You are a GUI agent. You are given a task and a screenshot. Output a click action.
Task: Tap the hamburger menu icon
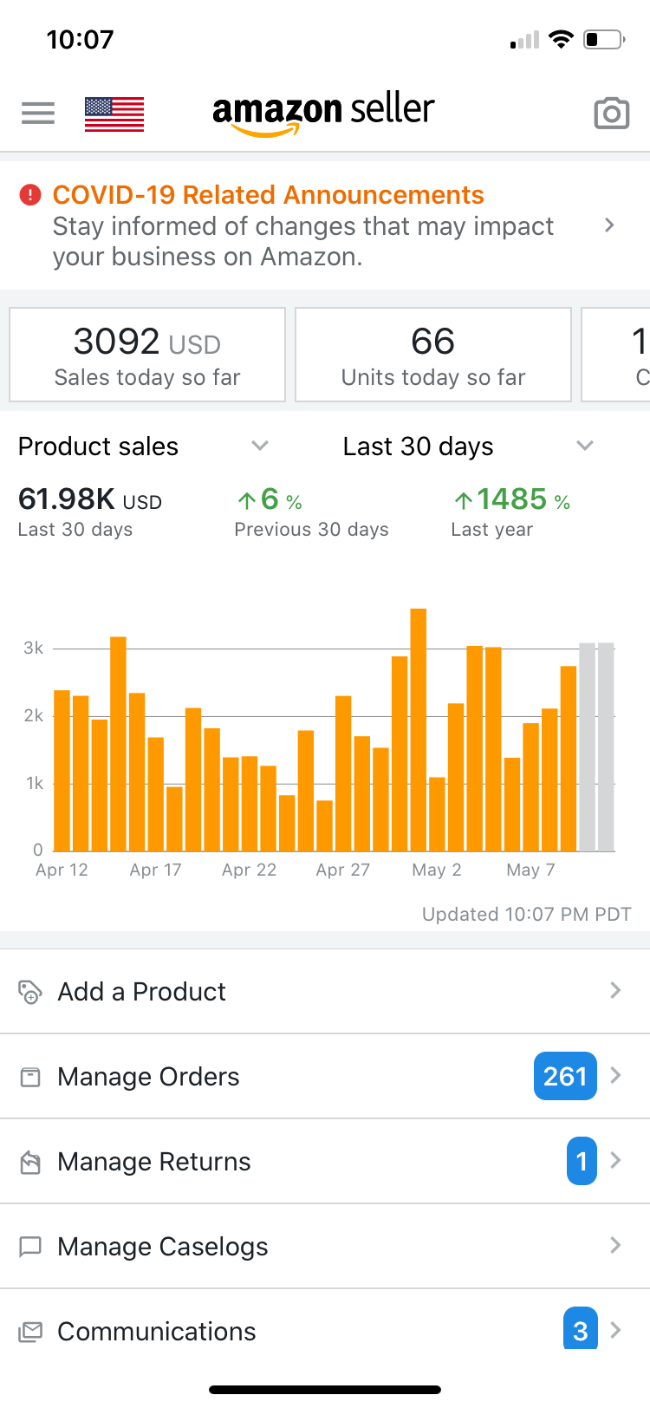pyautogui.click(x=38, y=114)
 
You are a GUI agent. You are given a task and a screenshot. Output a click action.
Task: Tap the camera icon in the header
pyautogui.click(x=611, y=114)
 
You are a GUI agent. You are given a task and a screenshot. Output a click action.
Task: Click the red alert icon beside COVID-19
pyautogui.click(x=30, y=195)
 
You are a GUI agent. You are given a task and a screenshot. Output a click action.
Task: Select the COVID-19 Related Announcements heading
pyautogui.click(x=268, y=195)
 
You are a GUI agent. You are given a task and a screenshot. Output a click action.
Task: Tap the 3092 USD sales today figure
pyautogui.click(x=146, y=342)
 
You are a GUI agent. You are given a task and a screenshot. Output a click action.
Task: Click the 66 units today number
pyautogui.click(x=432, y=342)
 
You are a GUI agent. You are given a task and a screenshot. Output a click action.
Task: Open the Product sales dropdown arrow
pyautogui.click(x=260, y=446)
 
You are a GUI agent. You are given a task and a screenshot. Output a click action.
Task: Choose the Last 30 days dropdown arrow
pyautogui.click(x=585, y=446)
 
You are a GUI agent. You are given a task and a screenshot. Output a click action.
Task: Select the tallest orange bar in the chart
pyautogui.click(x=419, y=729)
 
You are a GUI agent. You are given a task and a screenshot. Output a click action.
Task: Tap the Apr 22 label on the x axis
pyautogui.click(x=249, y=870)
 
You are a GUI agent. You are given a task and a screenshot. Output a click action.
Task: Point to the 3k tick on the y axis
pyautogui.click(x=34, y=648)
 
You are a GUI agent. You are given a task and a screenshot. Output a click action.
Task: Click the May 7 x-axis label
pyautogui.click(x=530, y=870)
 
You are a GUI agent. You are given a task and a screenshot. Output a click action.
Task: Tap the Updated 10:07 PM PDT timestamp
pyautogui.click(x=526, y=914)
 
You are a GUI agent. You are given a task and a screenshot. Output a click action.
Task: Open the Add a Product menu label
pyautogui.click(x=141, y=991)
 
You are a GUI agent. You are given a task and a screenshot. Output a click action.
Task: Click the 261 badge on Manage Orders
pyautogui.click(x=565, y=1076)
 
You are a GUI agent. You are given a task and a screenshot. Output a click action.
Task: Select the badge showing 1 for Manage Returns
pyautogui.click(x=582, y=1161)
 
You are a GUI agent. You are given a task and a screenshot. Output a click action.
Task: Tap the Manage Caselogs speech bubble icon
pyautogui.click(x=30, y=1247)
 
